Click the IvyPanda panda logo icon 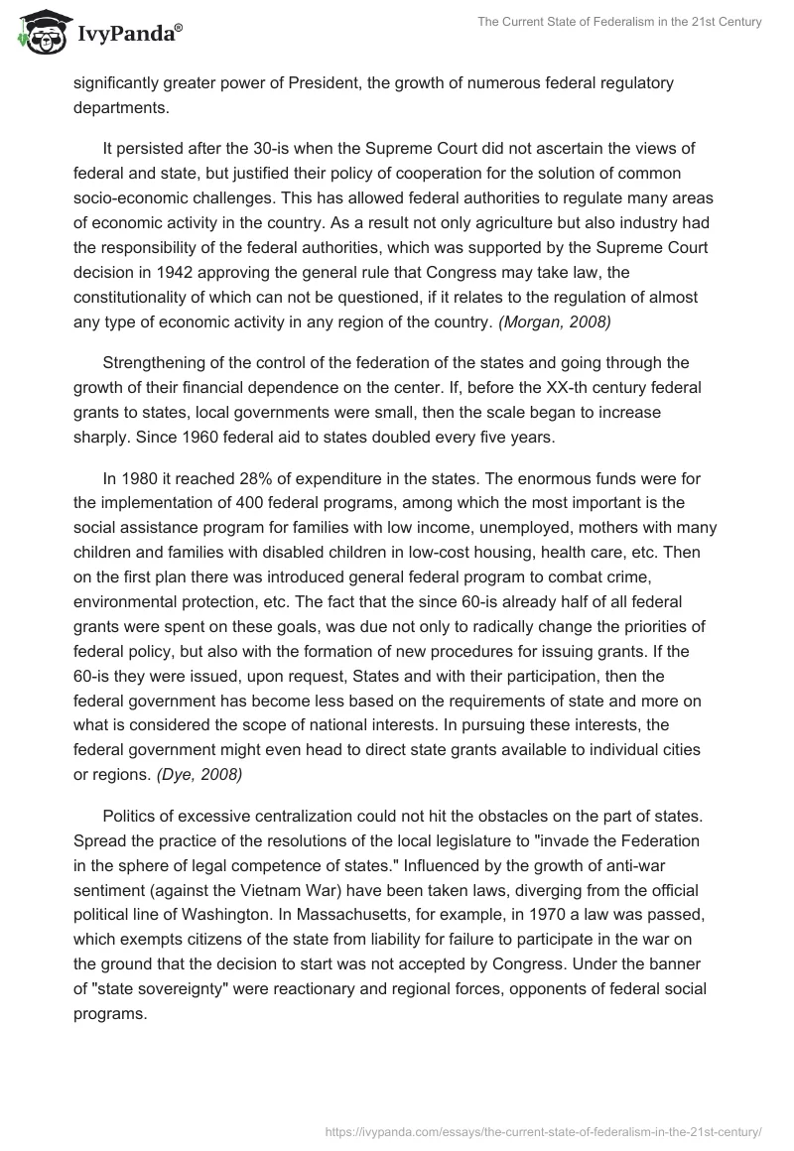[x=40, y=33]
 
